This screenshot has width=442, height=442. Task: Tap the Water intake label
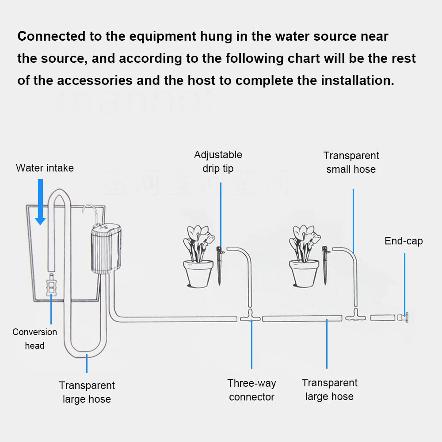pos(45,168)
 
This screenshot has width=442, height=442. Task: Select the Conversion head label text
pos(34,339)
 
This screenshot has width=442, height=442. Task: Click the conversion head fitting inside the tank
pos(51,284)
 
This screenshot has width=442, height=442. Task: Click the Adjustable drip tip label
pos(218,161)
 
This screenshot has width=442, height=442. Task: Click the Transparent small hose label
pos(351,162)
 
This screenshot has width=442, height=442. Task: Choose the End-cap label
pos(404,241)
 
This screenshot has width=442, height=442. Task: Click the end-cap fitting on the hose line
pos(404,317)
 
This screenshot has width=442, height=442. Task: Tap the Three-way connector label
pos(251,390)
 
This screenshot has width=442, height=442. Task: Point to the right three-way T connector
pos(355,316)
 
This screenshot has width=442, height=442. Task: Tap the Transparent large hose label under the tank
pos(87,392)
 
